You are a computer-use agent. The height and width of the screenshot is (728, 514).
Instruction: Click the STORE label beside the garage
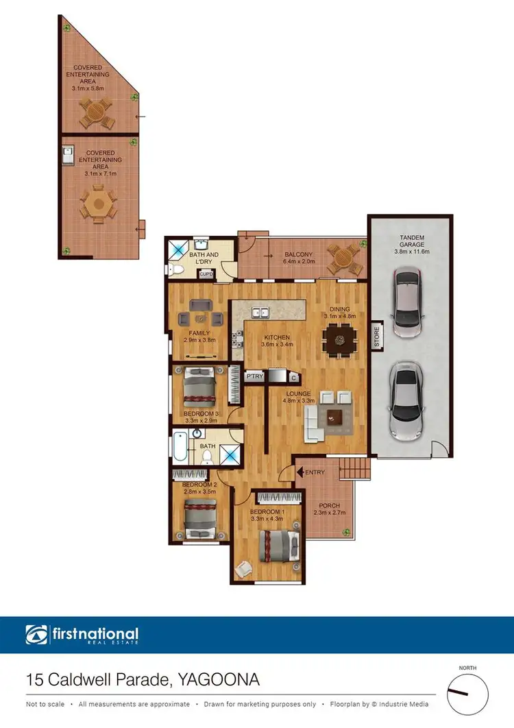point(376,337)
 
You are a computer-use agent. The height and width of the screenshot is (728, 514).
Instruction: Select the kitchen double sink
point(261,313)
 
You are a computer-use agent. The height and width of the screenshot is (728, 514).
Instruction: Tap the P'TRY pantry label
point(255,376)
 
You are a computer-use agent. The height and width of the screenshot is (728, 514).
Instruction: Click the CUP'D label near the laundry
point(206,274)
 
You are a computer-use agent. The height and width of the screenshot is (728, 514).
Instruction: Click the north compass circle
point(468,692)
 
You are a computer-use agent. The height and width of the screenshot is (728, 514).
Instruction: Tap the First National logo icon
point(35,635)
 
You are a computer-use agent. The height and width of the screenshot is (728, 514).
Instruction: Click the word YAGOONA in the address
point(219,681)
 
